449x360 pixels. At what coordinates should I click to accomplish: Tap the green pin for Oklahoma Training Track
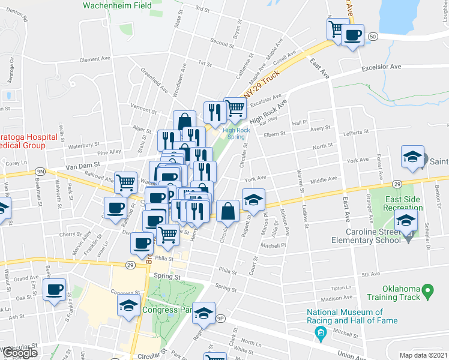428,292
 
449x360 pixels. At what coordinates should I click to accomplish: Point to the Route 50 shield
373,37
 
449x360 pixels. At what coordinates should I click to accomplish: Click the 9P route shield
220,319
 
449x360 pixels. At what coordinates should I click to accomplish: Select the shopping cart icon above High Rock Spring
235,109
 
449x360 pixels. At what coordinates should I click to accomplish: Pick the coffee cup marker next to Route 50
352,35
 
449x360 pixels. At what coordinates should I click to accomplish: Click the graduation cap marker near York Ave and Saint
412,157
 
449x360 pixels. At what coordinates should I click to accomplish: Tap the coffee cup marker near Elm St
55,289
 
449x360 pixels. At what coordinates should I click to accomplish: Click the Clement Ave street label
95,59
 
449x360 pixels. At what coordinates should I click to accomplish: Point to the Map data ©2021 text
424,355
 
